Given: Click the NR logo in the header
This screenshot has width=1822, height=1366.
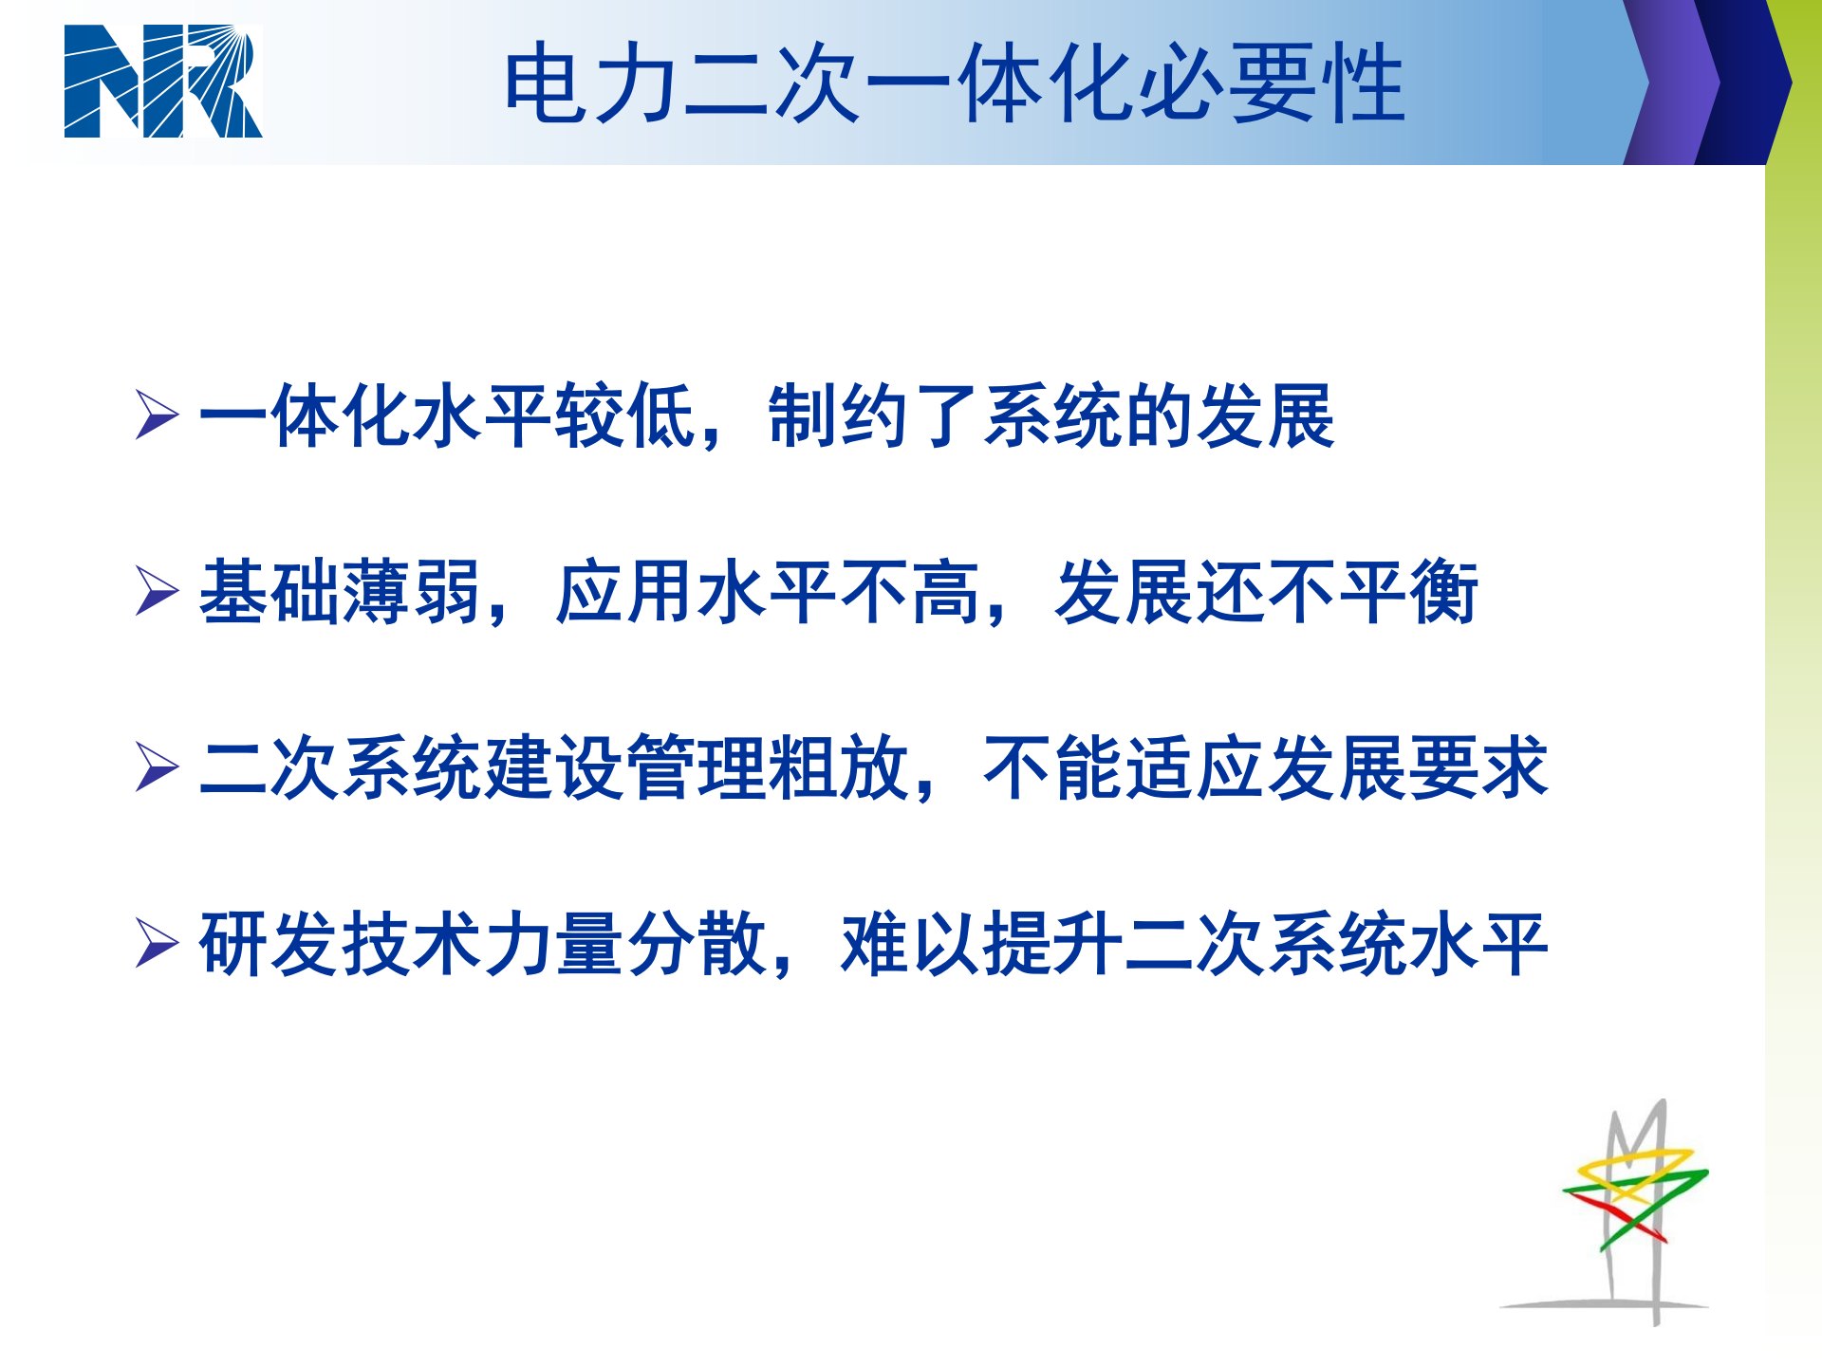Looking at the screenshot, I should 162,82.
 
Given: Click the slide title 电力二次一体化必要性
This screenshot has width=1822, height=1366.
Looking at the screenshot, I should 954,83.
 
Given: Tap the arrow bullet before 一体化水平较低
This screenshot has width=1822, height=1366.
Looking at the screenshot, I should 157,415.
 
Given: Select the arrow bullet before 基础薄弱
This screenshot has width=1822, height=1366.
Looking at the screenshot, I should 157,591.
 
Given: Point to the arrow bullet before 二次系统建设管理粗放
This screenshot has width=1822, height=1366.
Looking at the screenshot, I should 157,766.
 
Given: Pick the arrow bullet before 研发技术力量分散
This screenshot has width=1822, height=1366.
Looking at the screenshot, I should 157,943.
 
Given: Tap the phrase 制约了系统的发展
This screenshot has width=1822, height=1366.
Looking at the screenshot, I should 1051,415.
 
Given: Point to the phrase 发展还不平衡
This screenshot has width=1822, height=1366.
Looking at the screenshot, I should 1266,592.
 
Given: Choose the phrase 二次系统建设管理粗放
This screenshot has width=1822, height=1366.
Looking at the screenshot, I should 554,767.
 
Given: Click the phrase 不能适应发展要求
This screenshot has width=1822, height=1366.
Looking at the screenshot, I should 1266,767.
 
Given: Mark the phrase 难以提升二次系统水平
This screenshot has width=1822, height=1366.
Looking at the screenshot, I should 1194,944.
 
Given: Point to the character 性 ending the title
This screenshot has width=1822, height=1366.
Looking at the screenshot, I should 1365,83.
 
